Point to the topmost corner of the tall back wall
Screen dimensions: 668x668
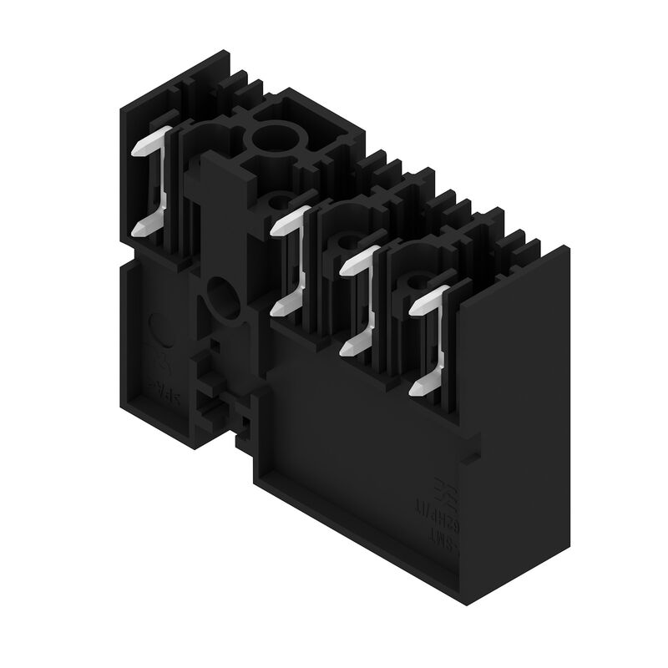pos(228,52)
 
